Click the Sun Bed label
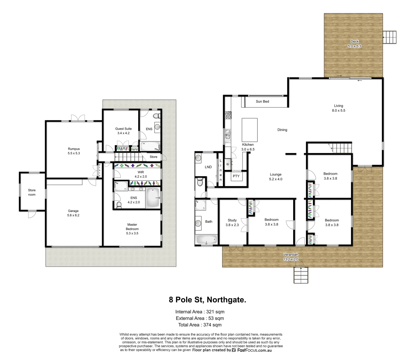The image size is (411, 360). click(x=262, y=101)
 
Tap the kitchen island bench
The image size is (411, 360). click(x=249, y=130)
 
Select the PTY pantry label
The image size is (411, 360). click(x=236, y=176)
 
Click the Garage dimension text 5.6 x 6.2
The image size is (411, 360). click(x=73, y=215)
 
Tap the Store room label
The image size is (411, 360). click(x=32, y=192)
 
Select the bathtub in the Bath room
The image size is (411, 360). click(x=207, y=240)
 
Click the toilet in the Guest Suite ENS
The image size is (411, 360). click(x=156, y=116)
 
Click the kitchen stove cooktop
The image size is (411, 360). click(x=228, y=115)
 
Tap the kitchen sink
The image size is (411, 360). click(x=228, y=134)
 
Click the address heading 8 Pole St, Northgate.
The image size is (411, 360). click(x=208, y=300)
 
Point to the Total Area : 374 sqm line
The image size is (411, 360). click(x=200, y=325)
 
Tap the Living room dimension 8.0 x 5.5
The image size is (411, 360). click(x=338, y=110)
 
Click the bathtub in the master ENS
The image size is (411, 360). click(x=153, y=198)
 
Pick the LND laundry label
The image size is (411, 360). click(x=208, y=167)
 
